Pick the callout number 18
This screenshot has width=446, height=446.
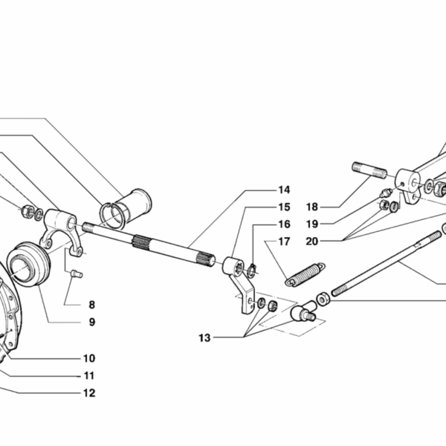[311, 207]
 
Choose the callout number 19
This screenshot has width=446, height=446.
[311, 223]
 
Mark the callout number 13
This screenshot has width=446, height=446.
[205, 338]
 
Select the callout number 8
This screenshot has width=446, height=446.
[91, 304]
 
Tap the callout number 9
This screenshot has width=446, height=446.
[91, 322]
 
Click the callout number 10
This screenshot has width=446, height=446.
[89, 358]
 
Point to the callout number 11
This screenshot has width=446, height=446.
[89, 375]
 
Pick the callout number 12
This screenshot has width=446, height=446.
[89, 393]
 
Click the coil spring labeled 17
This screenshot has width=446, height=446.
[305, 274]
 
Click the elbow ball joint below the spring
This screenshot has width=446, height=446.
[302, 311]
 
